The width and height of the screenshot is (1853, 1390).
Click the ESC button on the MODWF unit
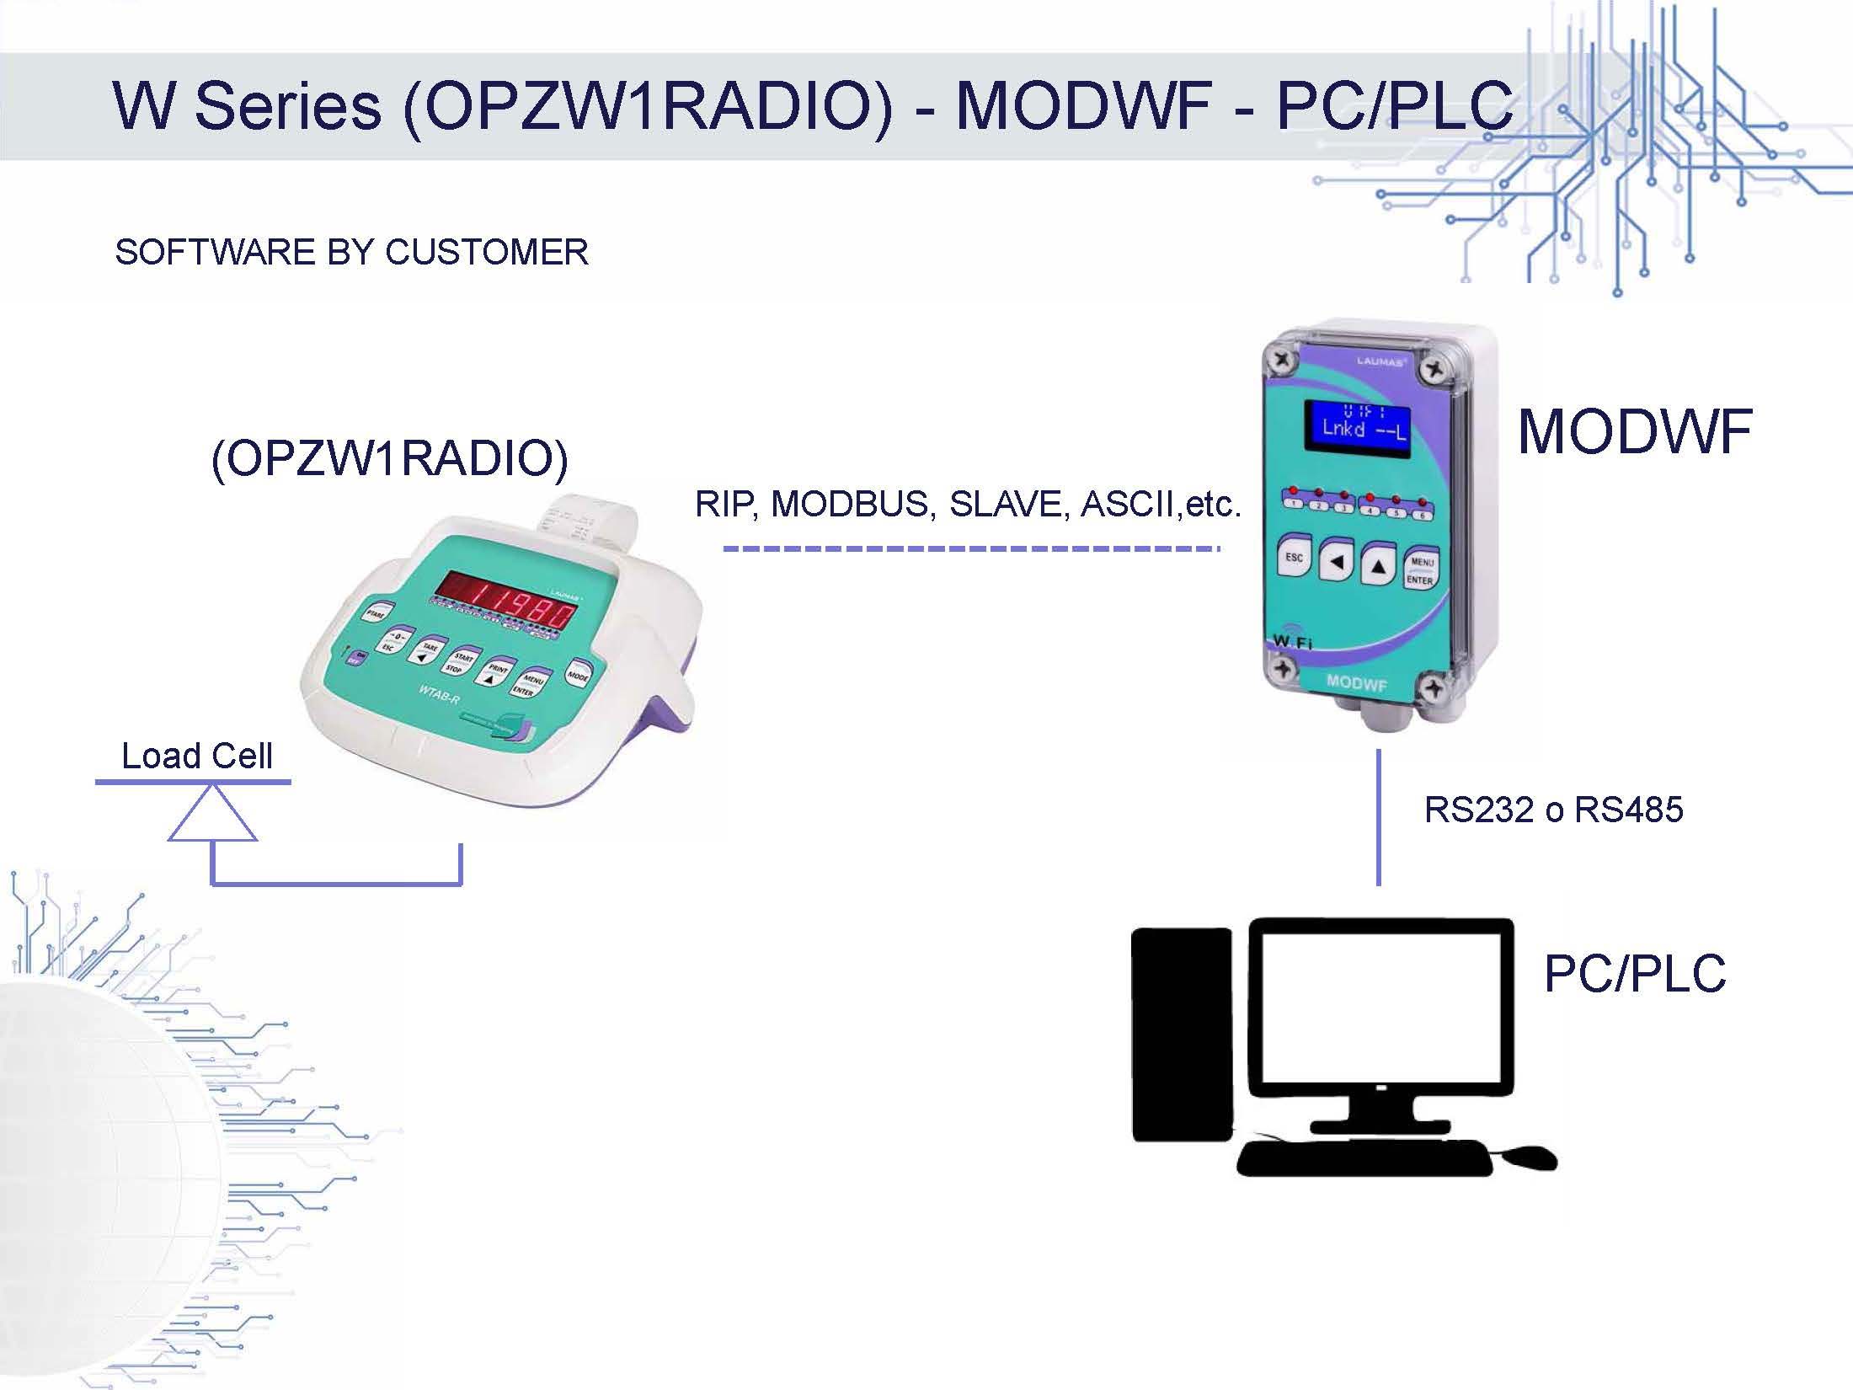tap(1295, 559)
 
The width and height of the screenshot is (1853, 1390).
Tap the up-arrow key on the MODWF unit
tap(1378, 567)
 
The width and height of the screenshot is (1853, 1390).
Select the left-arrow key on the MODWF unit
tap(1336, 562)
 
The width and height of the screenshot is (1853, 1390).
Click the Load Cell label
tap(197, 756)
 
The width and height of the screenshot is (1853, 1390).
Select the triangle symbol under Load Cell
tap(212, 815)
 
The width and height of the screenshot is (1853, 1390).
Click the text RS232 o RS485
tap(1553, 810)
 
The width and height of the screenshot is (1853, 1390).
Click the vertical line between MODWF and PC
tap(1378, 817)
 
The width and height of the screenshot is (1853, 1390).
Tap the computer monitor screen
tap(1380, 1007)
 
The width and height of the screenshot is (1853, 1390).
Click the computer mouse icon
tap(1529, 1157)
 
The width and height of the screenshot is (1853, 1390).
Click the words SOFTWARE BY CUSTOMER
tap(351, 252)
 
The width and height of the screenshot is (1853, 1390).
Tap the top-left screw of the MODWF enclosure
tap(1283, 360)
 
